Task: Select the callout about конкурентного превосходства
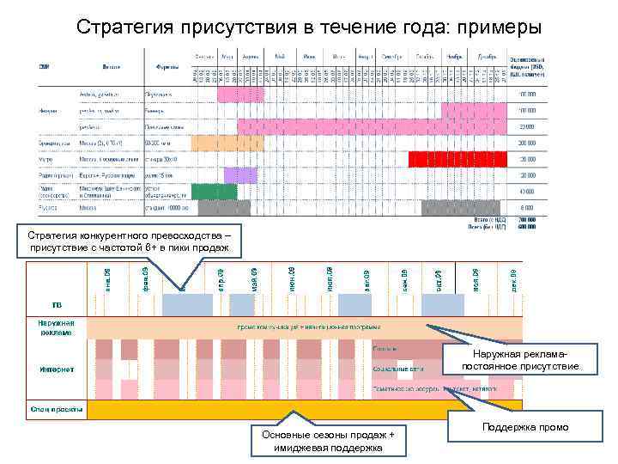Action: coord(130,242)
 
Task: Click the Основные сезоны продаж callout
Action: coord(329,441)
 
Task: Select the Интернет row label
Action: coord(56,370)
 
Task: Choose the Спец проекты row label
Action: coord(56,409)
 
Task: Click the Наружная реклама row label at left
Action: coord(56,327)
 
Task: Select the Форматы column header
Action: coord(167,66)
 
